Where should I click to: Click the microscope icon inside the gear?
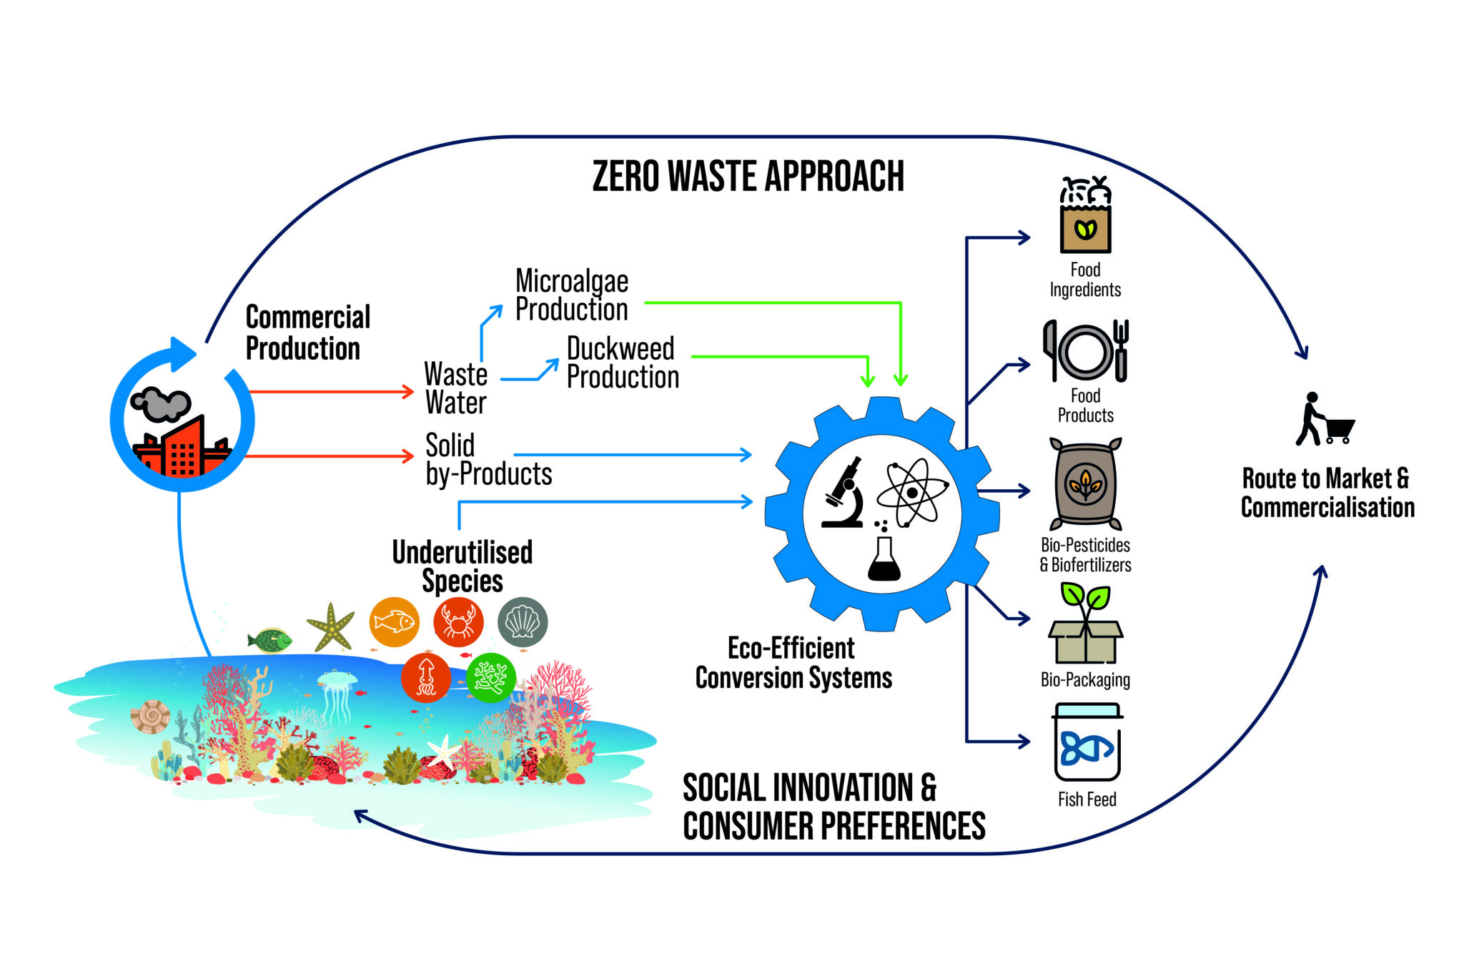pos(844,493)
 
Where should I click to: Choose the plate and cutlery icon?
pos(1085,351)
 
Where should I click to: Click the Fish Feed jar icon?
pos(1087,743)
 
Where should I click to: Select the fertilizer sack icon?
pos(1085,484)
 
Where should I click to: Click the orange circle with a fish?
pos(395,621)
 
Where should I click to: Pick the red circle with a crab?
pos(458,621)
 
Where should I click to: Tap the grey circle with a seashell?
pos(523,621)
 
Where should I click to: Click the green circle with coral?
pos(491,677)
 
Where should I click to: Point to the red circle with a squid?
pos(426,677)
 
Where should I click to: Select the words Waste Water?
pos(456,388)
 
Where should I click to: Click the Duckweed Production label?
pos(622,363)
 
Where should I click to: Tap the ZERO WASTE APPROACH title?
pos(748,177)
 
